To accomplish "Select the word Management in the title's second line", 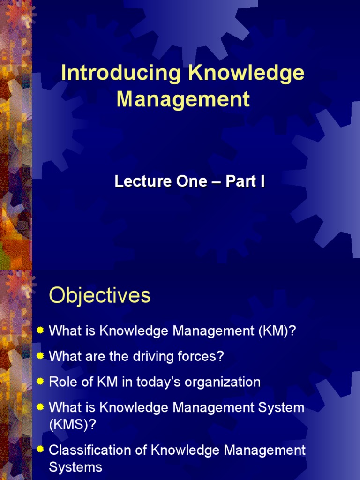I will [x=183, y=99].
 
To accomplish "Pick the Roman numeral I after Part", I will [x=262, y=182].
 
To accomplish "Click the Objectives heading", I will [x=100, y=296].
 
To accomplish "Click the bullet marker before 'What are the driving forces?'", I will [x=40, y=356].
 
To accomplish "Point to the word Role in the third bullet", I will [x=61, y=382].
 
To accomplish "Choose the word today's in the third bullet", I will [x=157, y=382].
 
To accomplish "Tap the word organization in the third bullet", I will [x=223, y=382].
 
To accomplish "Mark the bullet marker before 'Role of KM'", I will [x=40, y=382].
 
